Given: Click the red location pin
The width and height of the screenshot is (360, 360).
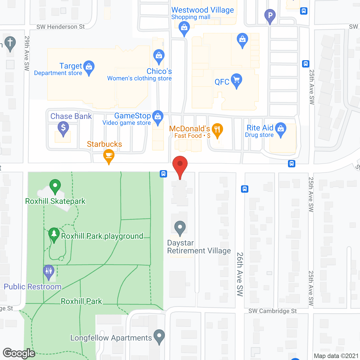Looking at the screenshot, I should tap(180, 165).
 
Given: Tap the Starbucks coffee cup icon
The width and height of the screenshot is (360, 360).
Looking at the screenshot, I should tap(109, 155).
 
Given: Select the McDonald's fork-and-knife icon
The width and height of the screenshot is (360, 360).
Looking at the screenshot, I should tap(217, 130).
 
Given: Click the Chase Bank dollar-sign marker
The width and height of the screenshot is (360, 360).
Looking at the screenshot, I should tap(63, 128).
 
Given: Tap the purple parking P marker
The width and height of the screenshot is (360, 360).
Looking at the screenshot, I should tap(270, 15).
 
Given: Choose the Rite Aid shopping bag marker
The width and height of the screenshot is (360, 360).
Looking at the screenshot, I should tap(281, 129).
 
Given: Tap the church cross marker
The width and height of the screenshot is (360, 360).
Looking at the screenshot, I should tap(10, 43).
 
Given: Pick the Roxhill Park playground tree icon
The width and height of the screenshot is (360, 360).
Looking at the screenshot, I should tap(54, 234).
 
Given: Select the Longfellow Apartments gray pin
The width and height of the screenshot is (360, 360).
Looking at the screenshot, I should tap(159, 336).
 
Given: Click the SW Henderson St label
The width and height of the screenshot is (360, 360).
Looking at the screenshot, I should tap(60, 27).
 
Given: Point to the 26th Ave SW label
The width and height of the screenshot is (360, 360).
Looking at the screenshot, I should tap(240, 274).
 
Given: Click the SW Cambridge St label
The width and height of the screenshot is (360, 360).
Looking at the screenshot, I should tap(273, 311).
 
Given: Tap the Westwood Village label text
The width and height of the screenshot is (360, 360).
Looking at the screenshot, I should tap(202, 10).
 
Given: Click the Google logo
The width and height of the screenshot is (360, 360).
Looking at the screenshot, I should tap(19, 353).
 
